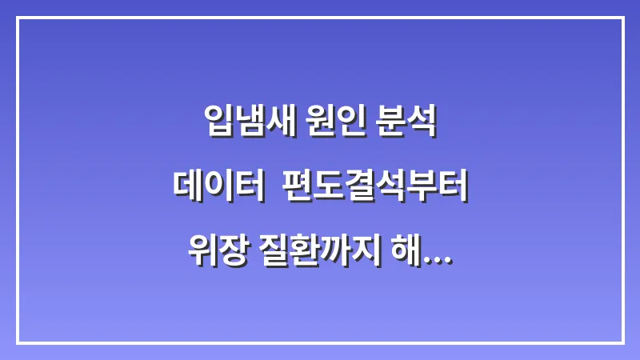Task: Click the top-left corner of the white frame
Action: click(18, 18)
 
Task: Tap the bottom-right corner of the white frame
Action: click(622, 342)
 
